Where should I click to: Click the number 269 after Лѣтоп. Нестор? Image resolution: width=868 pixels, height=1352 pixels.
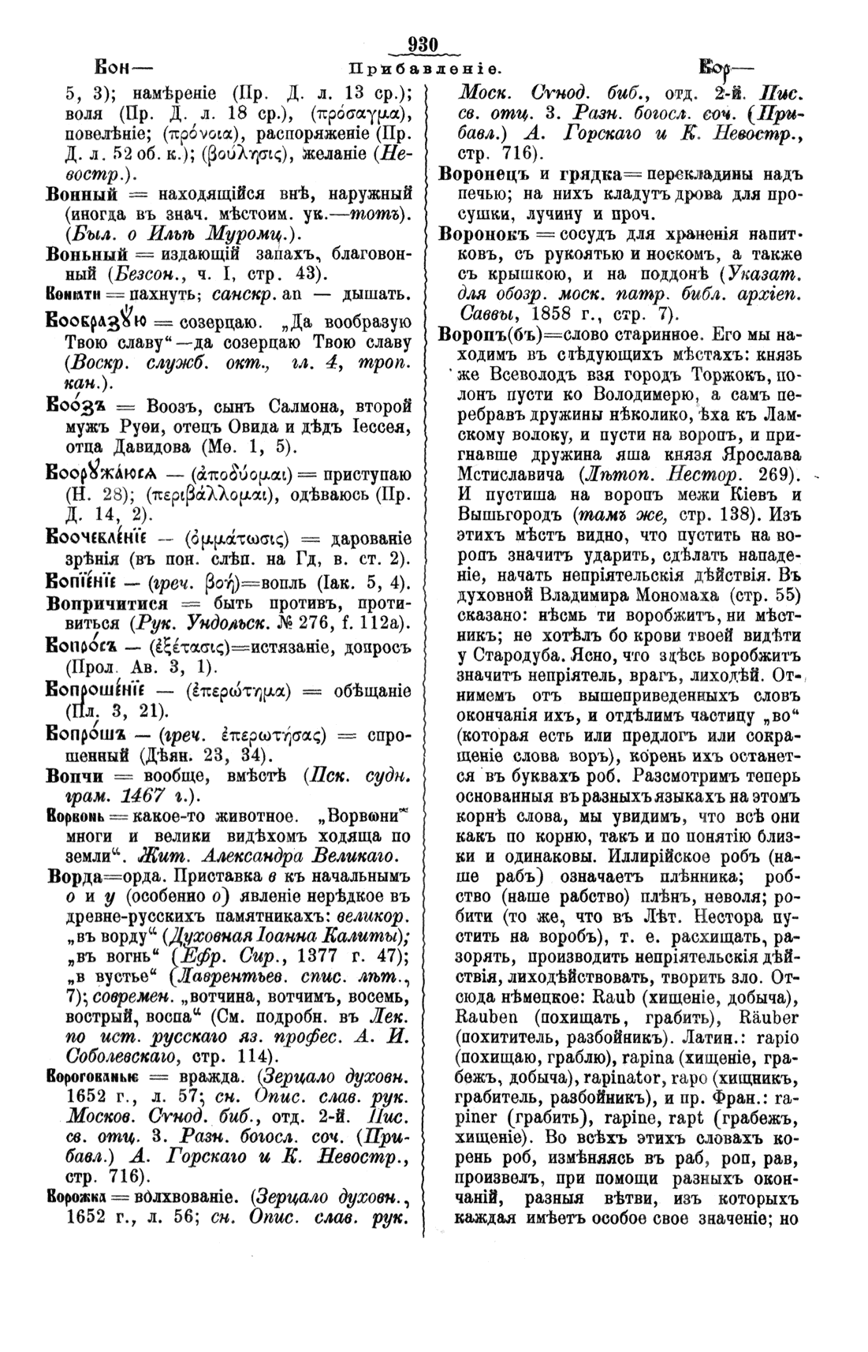[x=766, y=476]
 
